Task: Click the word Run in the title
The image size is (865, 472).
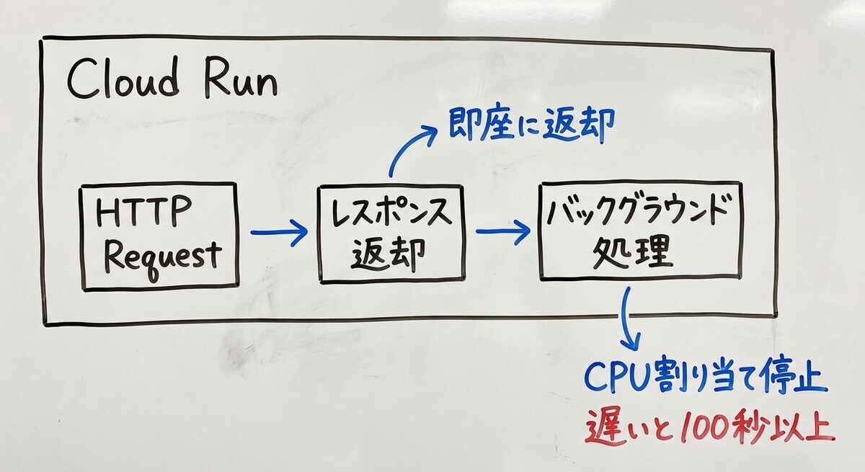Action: click(241, 77)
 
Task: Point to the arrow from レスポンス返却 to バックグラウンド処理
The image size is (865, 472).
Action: click(503, 231)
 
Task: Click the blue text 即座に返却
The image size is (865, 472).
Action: click(531, 123)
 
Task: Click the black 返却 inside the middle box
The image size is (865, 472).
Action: click(388, 254)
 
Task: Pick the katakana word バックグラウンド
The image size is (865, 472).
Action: click(639, 210)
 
